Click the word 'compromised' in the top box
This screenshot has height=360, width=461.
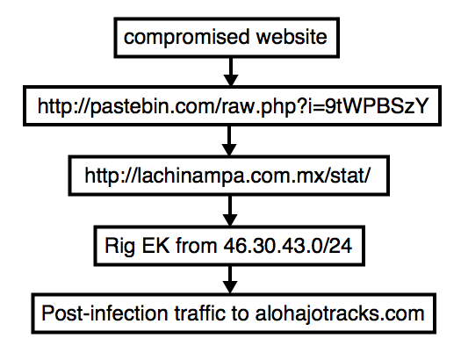pos(186,38)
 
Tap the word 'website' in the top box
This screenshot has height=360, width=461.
pos(292,37)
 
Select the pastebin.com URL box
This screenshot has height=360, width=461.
pos(233,105)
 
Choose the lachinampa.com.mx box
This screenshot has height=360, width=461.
pos(229,176)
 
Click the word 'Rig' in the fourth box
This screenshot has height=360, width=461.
pos(120,246)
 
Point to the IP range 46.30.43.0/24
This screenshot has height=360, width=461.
pos(287,245)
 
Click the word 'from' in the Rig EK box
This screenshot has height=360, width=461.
pos(196,245)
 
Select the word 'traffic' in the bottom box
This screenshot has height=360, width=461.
pos(200,313)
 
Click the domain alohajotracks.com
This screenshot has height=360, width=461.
pos(340,313)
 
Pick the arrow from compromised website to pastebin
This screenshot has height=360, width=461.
pos(231,71)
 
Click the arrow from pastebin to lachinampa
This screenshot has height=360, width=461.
pos(229,141)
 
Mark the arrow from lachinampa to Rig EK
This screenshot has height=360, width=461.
pos(230,211)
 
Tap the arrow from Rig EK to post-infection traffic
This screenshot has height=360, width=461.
pos(230,280)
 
